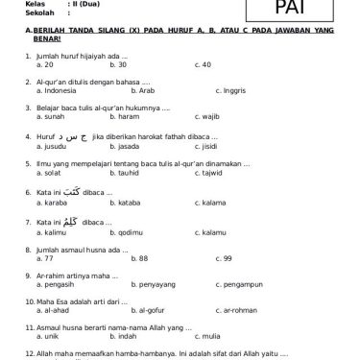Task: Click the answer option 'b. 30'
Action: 119,64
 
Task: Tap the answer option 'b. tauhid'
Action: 124,175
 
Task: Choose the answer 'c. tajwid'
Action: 207,175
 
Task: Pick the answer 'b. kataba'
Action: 125,204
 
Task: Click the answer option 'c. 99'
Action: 204,258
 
